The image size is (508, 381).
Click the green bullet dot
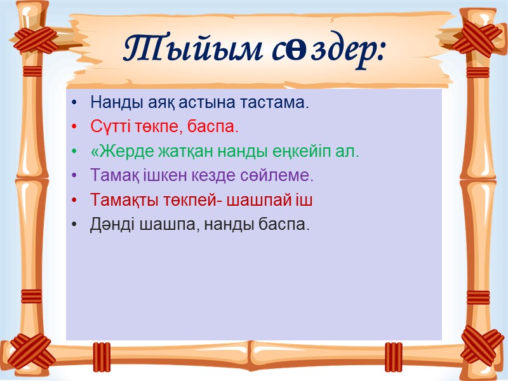click(76, 152)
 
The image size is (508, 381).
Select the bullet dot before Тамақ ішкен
click(76, 175)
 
